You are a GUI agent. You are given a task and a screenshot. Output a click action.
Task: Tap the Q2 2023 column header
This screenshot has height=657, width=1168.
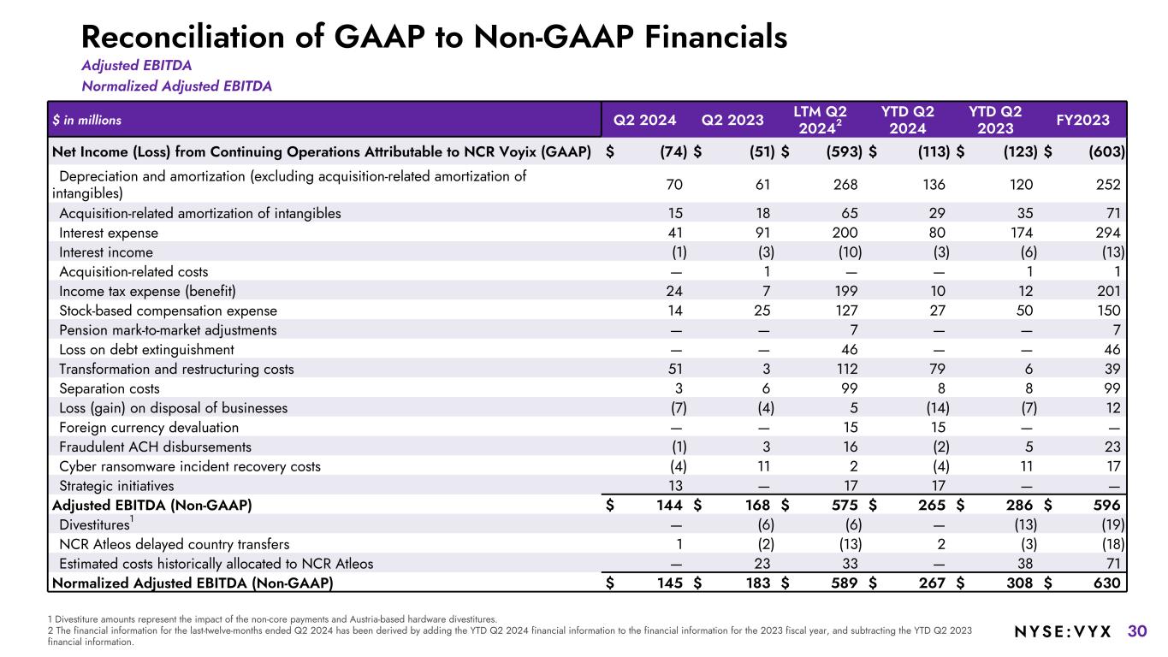coord(732,120)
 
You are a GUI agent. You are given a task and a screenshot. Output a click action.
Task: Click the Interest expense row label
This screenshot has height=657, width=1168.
coord(109,233)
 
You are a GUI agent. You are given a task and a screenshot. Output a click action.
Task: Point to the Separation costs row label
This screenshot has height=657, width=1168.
coord(109,388)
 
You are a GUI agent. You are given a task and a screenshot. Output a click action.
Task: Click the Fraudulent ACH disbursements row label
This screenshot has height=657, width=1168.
coord(155,447)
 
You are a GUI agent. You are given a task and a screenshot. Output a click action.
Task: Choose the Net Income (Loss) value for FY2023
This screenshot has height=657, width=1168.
coord(1106,152)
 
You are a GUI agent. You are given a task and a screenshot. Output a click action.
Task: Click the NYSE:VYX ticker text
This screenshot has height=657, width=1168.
coord(1062,632)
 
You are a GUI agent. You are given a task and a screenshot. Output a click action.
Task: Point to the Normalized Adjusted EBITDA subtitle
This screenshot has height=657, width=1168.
coord(176,86)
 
